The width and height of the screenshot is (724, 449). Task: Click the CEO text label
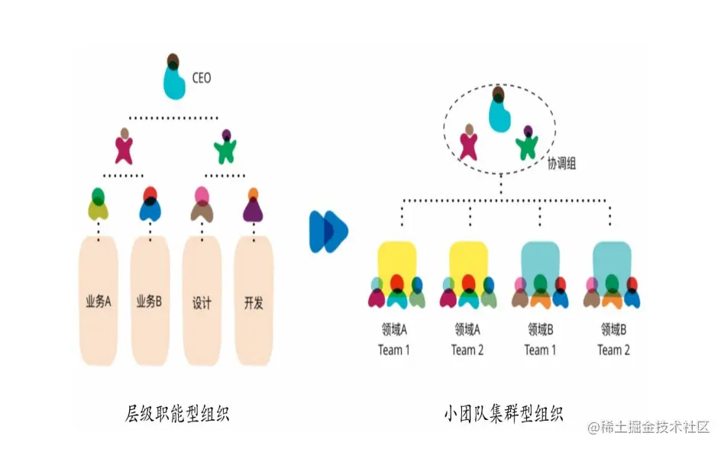(202, 78)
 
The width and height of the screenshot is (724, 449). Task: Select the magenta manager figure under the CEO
(124, 147)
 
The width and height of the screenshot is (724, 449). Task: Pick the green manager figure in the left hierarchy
(225, 147)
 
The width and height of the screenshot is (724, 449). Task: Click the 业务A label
(99, 301)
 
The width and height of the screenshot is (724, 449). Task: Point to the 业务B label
(150, 301)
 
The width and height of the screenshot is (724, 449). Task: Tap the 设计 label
(202, 302)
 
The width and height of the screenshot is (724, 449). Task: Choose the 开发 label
(253, 302)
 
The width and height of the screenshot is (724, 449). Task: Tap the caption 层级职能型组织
(177, 414)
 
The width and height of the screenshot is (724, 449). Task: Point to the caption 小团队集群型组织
(503, 414)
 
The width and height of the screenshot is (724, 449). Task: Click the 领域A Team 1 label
(394, 340)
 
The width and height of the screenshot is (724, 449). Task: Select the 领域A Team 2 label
(467, 340)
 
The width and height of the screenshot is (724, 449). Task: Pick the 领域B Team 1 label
(541, 340)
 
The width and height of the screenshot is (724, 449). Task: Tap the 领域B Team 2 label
(613, 340)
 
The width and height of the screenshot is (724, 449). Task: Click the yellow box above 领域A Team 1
(396, 259)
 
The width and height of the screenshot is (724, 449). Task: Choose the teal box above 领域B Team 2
(612, 259)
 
